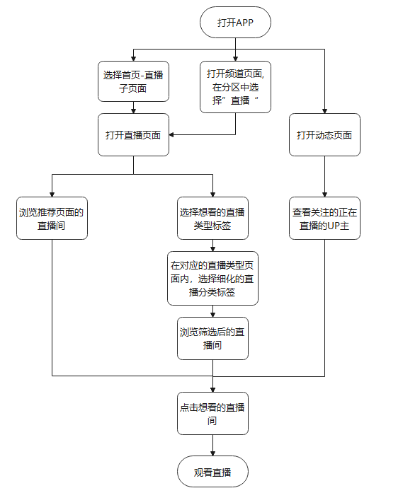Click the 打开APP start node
click(x=235, y=23)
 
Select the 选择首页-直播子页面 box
click(x=133, y=81)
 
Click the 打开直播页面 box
click(x=133, y=134)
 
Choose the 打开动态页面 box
click(x=324, y=134)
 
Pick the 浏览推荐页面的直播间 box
click(x=52, y=218)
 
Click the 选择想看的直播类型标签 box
click(x=212, y=218)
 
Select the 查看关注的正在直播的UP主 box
click(x=324, y=218)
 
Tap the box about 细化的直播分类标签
click(x=212, y=278)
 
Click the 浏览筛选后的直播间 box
click(x=212, y=338)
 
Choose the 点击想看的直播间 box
click(x=212, y=413)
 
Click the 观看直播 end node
click(x=212, y=472)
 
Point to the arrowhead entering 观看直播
click(x=212, y=454)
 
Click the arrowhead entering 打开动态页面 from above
click(x=324, y=110)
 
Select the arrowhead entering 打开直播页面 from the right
click(x=173, y=134)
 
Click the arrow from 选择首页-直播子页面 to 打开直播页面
click(x=133, y=108)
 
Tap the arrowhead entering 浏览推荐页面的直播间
click(x=52, y=193)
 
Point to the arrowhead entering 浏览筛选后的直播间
click(x=212, y=314)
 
